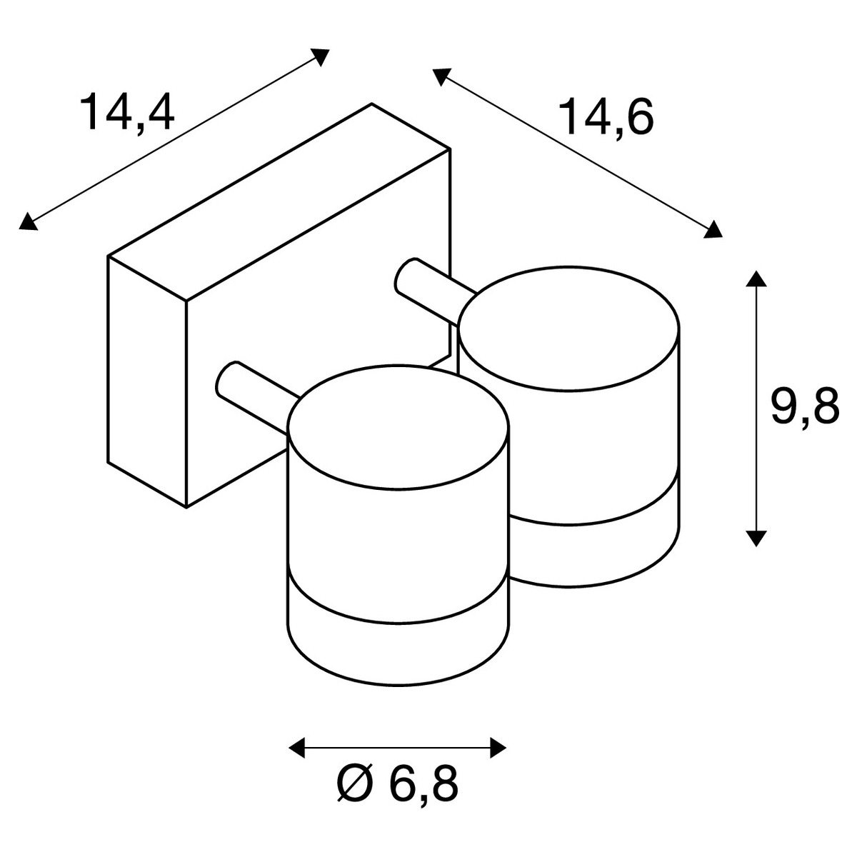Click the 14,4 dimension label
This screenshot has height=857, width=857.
pos(127,114)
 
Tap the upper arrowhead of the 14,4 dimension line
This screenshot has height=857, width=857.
pos(320,56)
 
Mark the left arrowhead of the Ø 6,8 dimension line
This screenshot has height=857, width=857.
pos(297,748)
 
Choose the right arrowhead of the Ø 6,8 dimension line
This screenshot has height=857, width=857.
pos(498,748)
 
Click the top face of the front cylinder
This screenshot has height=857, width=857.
pos(399,428)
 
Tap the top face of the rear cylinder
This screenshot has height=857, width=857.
pos(568,329)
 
